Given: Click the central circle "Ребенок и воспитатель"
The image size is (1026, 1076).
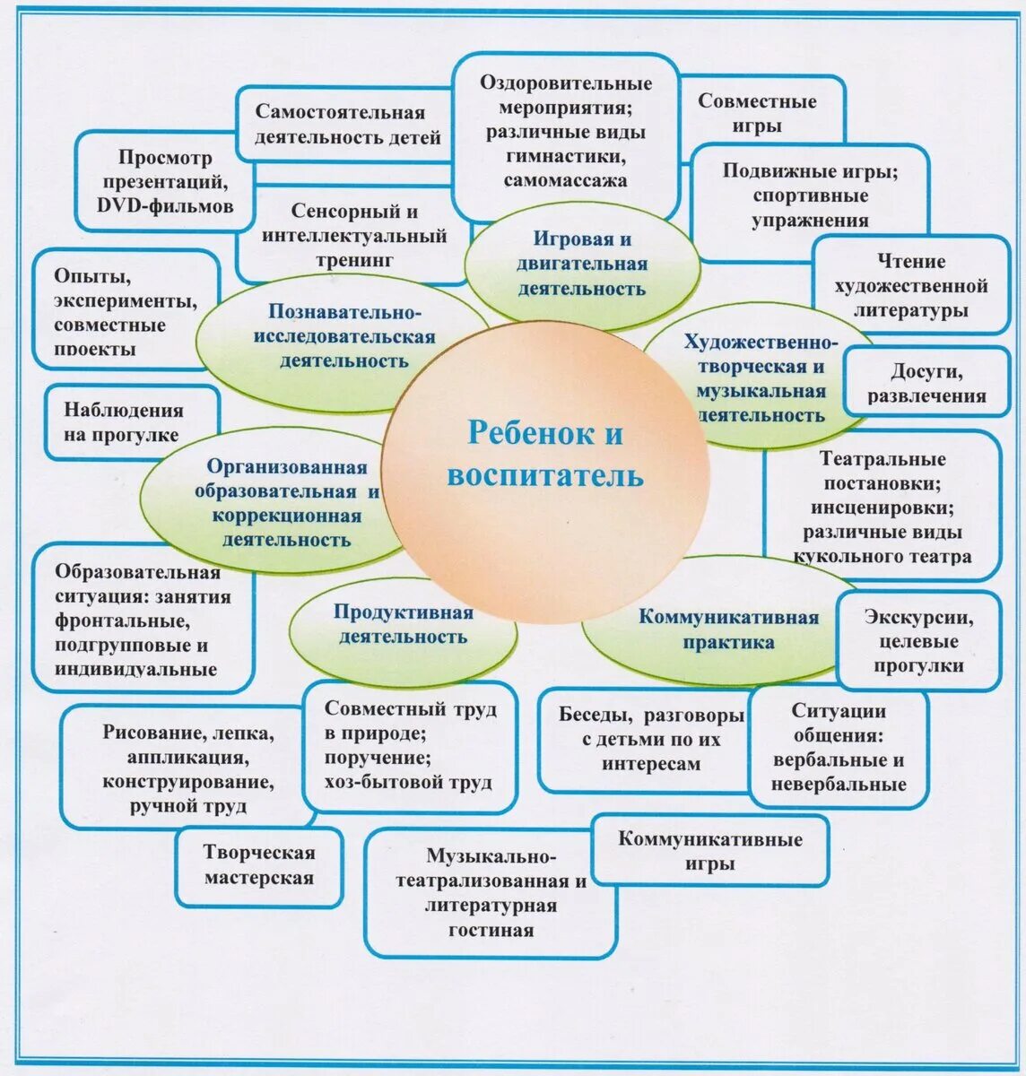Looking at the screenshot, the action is pyautogui.click(x=544, y=456).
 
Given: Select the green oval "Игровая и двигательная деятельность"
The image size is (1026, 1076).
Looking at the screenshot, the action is pyautogui.click(x=581, y=265).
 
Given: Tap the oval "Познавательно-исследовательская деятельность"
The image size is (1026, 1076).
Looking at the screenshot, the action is pyautogui.click(x=343, y=337).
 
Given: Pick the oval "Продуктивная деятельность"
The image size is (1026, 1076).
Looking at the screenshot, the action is pyautogui.click(x=403, y=625).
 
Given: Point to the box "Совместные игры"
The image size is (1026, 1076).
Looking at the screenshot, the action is pyautogui.click(x=757, y=113).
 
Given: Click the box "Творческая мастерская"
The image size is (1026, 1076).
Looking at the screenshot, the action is pyautogui.click(x=259, y=865).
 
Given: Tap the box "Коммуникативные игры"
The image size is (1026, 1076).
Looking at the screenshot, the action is pyautogui.click(x=709, y=851).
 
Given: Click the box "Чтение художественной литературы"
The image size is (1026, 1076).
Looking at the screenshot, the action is pyautogui.click(x=911, y=286).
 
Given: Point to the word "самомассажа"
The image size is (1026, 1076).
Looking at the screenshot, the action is pyautogui.click(x=565, y=179).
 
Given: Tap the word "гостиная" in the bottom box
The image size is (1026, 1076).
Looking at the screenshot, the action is pyautogui.click(x=491, y=930).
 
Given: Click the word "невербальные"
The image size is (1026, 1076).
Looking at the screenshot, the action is pyautogui.click(x=839, y=785).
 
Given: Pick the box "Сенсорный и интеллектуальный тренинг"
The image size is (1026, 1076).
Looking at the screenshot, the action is pyautogui.click(x=354, y=236).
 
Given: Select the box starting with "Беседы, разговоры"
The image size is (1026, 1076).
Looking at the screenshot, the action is pyautogui.click(x=650, y=740).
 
